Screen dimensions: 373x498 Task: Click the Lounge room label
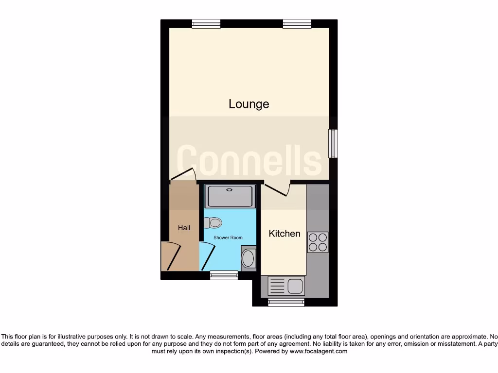(x=249, y=104)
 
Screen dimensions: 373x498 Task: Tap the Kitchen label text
(x=285, y=234)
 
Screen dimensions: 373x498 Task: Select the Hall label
(x=184, y=228)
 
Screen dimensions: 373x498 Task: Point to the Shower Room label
(x=228, y=237)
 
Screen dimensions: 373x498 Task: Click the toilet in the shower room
(x=213, y=223)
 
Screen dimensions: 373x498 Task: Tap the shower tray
(x=231, y=197)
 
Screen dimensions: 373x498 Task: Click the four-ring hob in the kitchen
(x=318, y=242)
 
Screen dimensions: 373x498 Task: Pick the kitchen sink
(x=286, y=286)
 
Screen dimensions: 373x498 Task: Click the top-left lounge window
(x=206, y=23)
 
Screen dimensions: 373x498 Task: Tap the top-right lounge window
(x=297, y=23)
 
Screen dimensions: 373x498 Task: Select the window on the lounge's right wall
(x=333, y=143)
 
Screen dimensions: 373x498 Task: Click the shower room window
(x=224, y=275)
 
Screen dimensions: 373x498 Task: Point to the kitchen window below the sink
(x=286, y=302)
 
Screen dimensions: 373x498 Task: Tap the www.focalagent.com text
(x=318, y=351)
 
